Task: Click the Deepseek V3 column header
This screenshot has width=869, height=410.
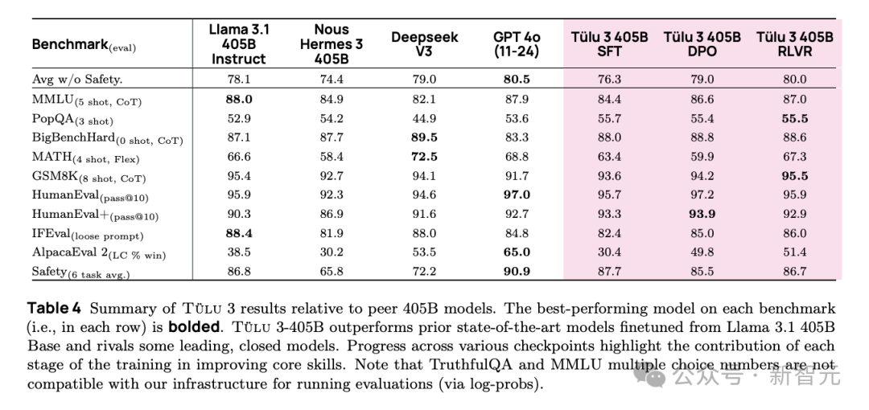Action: point(423,44)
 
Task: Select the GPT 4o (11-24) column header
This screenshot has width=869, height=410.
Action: point(517,44)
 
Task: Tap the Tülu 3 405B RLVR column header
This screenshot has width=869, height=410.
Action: point(794,44)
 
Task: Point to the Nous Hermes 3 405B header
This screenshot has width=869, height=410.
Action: point(332,44)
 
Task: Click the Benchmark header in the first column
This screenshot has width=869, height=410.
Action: point(84,45)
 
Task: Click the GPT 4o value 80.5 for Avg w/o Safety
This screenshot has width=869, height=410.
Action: point(517,79)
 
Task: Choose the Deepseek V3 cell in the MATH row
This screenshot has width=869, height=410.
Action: point(423,157)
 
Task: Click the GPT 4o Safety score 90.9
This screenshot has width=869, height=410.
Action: point(517,272)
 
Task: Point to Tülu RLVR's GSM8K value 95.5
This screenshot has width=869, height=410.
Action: point(794,176)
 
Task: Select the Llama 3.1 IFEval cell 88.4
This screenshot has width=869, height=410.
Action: point(239,233)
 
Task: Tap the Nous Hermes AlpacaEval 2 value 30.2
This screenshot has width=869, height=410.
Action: point(332,252)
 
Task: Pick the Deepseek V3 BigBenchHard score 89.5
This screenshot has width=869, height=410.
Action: point(423,137)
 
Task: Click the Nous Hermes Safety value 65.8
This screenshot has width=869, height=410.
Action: point(332,272)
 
